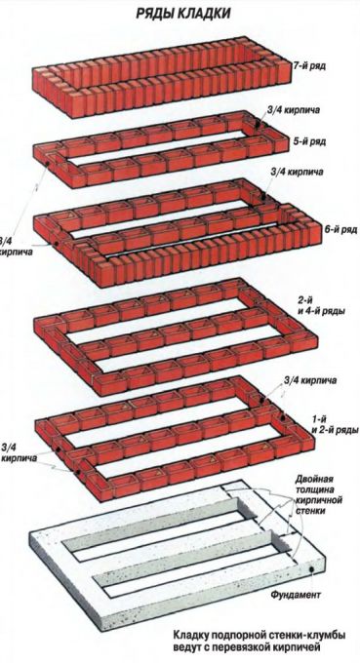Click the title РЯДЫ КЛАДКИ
pyautogui.click(x=183, y=13)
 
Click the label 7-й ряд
pyautogui.click(x=310, y=66)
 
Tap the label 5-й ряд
pyautogui.click(x=310, y=141)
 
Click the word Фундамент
pyautogui.click(x=296, y=595)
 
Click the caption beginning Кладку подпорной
pyautogui.click(x=259, y=641)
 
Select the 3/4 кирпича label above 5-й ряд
pyautogui.click(x=294, y=110)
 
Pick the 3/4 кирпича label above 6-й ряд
pyautogui.click(x=297, y=173)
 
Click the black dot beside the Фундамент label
pyautogui.click(x=312, y=569)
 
